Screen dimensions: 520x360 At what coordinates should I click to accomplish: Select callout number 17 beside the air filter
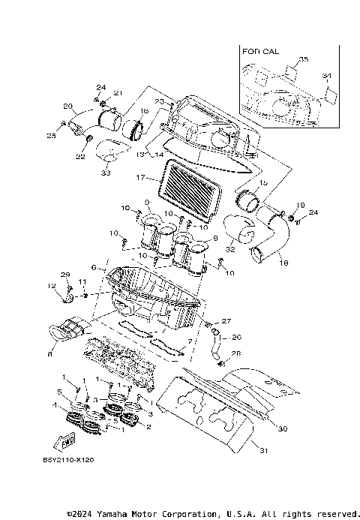[139, 178]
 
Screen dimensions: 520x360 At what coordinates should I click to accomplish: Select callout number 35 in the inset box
[303, 59]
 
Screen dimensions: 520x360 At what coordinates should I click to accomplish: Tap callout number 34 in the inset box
[325, 76]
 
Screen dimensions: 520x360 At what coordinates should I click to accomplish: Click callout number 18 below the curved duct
[284, 263]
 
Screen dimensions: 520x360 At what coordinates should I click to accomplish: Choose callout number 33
[105, 173]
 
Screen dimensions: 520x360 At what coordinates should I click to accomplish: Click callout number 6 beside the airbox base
[93, 267]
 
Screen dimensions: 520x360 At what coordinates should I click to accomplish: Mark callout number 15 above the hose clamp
[262, 183]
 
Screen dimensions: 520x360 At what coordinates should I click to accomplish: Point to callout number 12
[52, 287]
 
